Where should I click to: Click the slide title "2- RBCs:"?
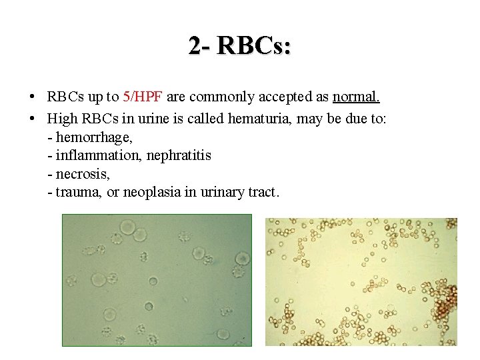[239, 46]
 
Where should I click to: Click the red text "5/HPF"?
[143, 97]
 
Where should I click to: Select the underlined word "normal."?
[356, 97]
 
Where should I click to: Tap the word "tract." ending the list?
[264, 192]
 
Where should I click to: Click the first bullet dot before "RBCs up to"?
[33, 97]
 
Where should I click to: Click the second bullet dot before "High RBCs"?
[33, 119]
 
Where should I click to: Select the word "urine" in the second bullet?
[148, 119]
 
